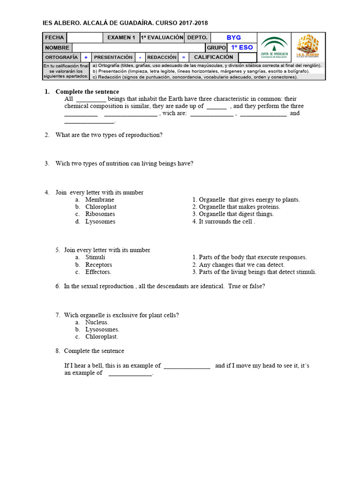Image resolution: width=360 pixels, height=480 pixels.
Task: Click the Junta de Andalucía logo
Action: tap(274, 47)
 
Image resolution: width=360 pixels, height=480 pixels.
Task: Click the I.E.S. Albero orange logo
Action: tap(307, 47)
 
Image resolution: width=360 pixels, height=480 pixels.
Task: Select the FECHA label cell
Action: tap(54, 37)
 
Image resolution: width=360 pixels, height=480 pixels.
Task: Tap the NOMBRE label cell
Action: tap(57, 47)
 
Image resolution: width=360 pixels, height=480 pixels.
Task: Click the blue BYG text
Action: tap(233, 37)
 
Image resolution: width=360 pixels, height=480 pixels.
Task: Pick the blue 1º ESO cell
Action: tap(242, 47)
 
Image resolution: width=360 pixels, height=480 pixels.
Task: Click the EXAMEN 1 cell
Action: tap(121, 37)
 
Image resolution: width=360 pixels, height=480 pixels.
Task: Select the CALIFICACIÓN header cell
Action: tap(213, 57)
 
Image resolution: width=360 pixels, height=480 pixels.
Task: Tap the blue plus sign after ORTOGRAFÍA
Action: tap(86, 57)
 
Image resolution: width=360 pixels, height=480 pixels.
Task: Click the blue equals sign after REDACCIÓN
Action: tap(184, 57)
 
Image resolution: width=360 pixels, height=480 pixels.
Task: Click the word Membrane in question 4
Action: tap(99, 200)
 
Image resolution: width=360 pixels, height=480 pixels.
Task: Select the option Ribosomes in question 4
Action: tap(100, 214)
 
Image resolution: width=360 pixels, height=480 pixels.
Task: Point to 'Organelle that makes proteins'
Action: tap(239, 207)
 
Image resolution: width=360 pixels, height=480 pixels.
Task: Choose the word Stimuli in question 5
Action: tap(95, 257)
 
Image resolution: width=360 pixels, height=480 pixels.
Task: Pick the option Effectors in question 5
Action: tap(98, 272)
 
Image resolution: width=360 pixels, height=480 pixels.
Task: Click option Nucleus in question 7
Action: tap(97, 322)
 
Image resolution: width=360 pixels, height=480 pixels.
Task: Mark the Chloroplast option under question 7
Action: tap(101, 337)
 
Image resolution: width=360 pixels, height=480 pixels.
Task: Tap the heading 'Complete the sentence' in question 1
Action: tap(87, 92)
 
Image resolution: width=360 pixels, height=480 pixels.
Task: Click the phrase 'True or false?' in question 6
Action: tap(247, 286)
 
